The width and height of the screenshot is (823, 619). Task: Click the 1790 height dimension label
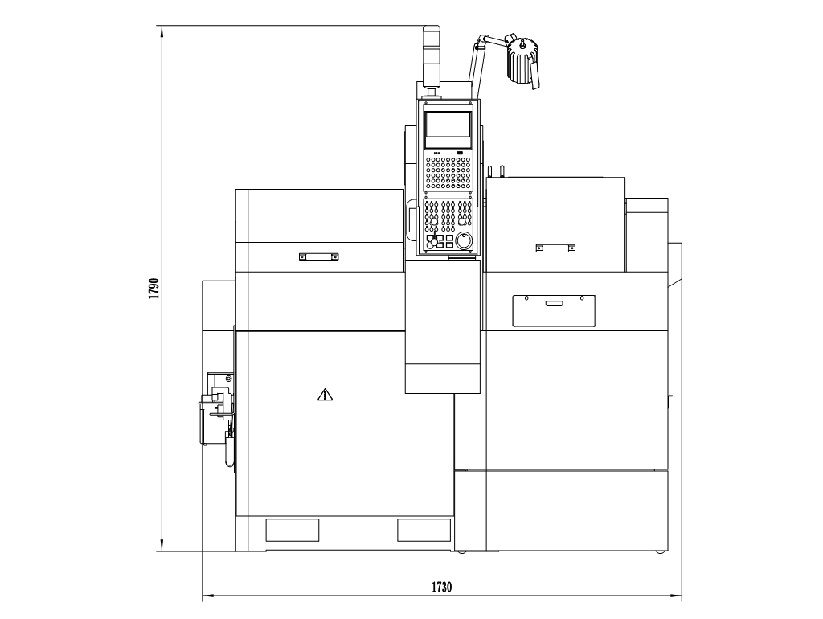154,289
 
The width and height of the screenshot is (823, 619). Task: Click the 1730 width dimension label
441,587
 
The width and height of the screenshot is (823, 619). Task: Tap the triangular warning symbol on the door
326,394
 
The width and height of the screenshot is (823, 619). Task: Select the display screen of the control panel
448,129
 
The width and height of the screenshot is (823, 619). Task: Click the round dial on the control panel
464,241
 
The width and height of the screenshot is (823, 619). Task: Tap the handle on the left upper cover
318,256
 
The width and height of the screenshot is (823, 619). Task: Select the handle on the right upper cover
555,248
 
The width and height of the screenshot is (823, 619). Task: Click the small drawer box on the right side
555,311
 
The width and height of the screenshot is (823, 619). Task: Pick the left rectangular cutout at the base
293,530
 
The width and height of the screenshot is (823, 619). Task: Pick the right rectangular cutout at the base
424,530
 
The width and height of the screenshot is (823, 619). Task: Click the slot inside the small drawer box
553,303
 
